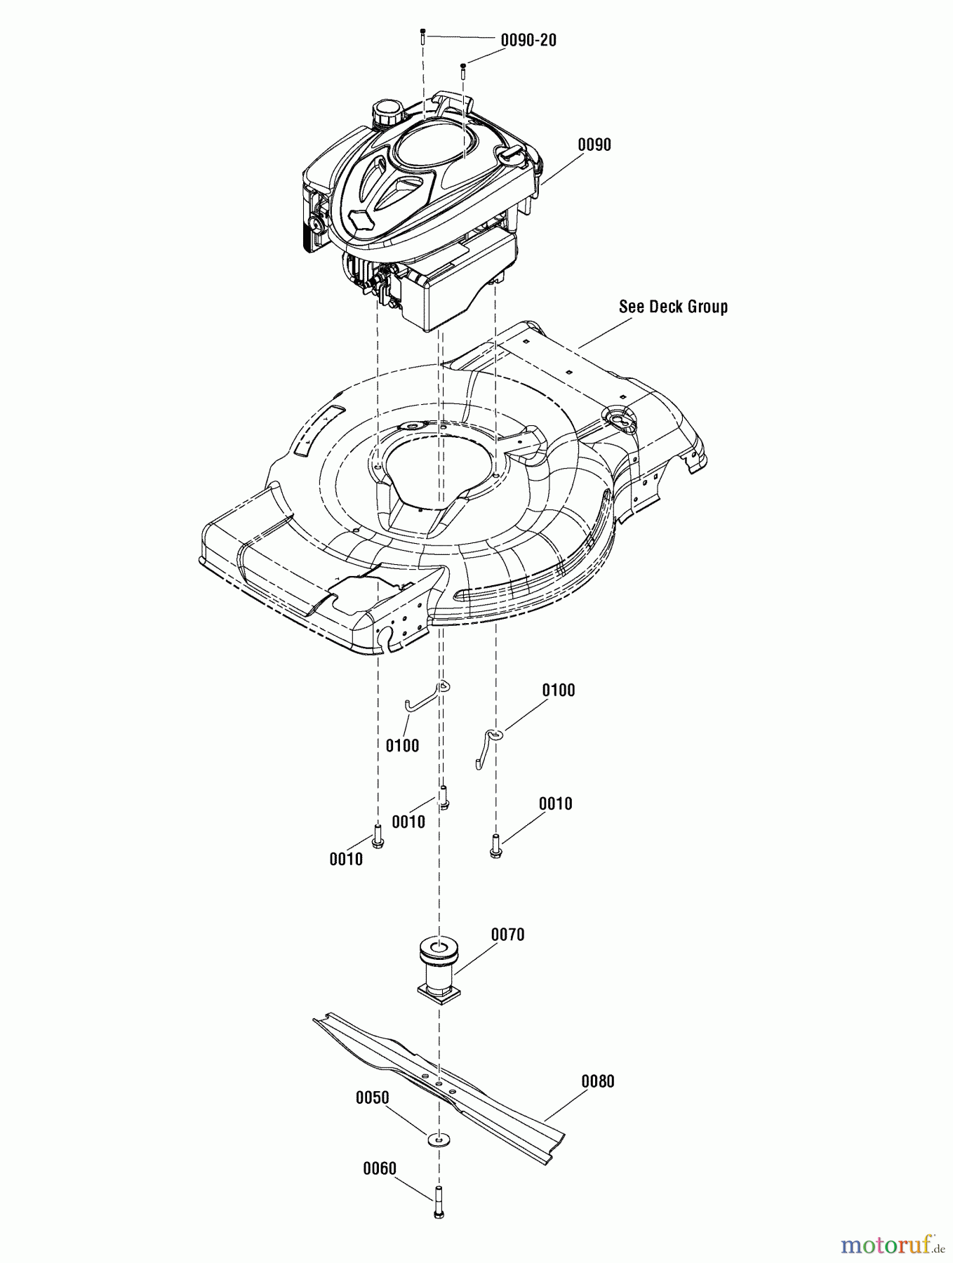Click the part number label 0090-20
pyautogui.click(x=528, y=41)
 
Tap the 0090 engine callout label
pyautogui.click(x=594, y=145)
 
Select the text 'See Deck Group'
pyautogui.click(x=673, y=307)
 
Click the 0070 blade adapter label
pyautogui.click(x=507, y=935)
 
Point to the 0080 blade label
pyautogui.click(x=597, y=1081)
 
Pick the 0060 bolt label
pyautogui.click(x=379, y=1168)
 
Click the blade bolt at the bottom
pyautogui.click(x=439, y=1201)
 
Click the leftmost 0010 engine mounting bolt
pyautogui.click(x=378, y=836)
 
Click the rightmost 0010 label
pyautogui.click(x=555, y=804)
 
